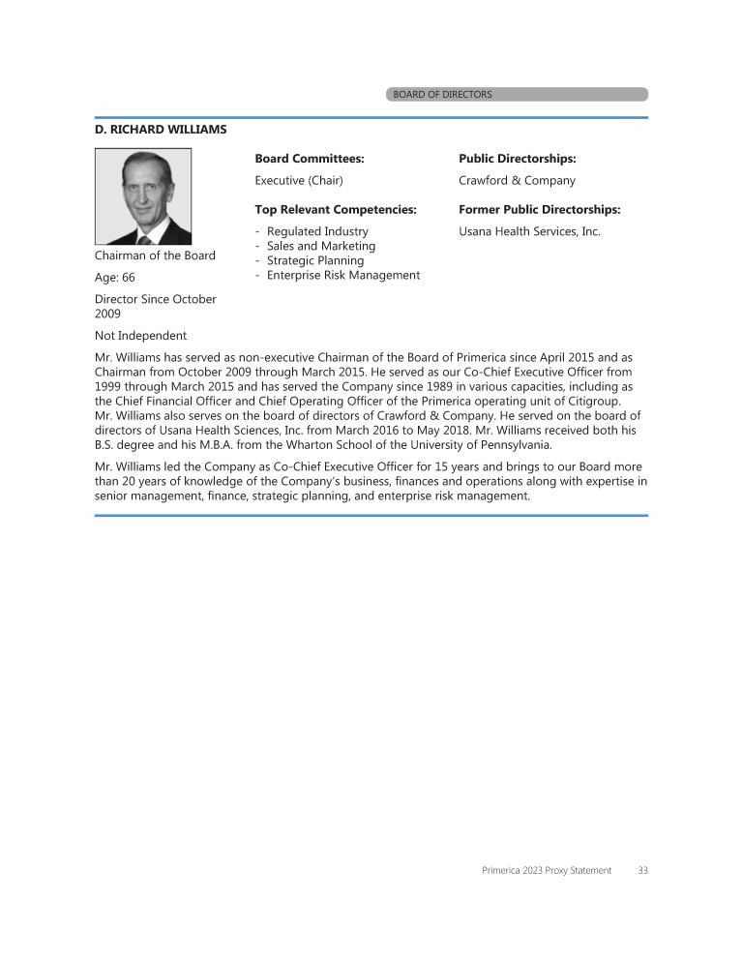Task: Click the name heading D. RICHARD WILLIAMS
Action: [x=161, y=129]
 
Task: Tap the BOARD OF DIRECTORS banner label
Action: [x=442, y=95]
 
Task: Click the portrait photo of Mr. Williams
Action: [x=142, y=195]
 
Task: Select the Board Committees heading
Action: [x=310, y=158]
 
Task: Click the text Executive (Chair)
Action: [x=299, y=180]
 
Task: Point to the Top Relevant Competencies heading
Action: [x=336, y=209]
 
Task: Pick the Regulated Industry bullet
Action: [x=317, y=231]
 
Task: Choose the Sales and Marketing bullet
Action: [x=320, y=246]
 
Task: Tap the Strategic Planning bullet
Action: [x=315, y=260]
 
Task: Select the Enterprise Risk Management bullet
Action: [x=343, y=275]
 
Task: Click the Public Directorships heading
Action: [x=518, y=158]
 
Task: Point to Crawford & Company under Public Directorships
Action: [x=517, y=180]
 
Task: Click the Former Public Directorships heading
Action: [x=539, y=209]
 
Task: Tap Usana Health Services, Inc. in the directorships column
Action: [x=529, y=231]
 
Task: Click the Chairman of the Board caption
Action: [x=155, y=255]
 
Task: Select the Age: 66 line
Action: [x=115, y=277]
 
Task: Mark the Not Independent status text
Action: [x=140, y=336]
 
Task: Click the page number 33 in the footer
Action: [x=643, y=870]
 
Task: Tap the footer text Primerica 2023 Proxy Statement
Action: [x=547, y=870]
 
